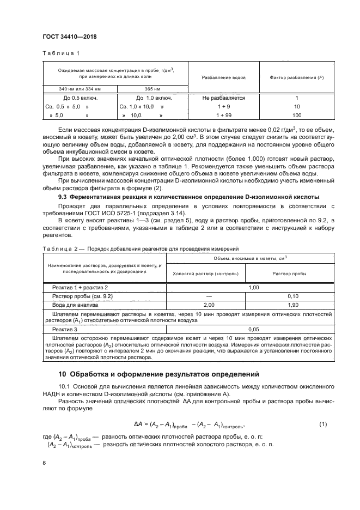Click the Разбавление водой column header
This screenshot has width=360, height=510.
tap(223, 77)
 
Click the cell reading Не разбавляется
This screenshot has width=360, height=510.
tap(223, 98)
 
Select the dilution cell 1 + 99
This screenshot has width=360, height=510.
tap(223, 116)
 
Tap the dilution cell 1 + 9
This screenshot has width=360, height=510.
tap(223, 107)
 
